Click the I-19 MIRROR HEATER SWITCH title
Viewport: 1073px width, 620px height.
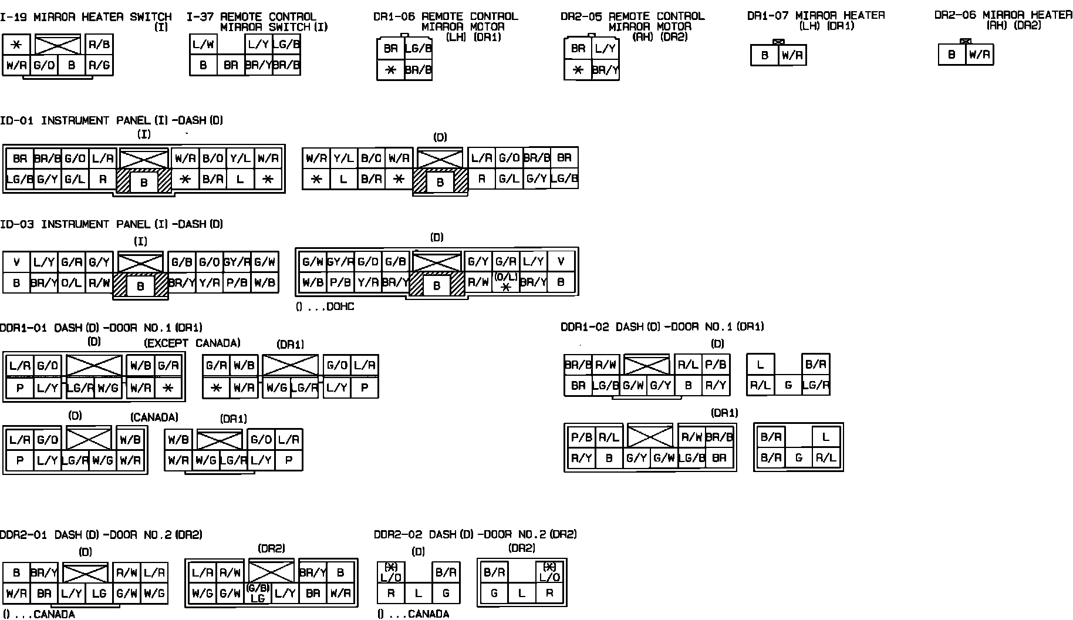86,17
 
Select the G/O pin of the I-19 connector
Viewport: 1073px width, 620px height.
44,65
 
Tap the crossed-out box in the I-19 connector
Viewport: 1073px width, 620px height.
58,44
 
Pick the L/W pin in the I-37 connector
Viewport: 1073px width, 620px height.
203,44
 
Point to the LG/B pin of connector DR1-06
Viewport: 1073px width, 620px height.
418,49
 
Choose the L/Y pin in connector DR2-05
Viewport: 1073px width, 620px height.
605,49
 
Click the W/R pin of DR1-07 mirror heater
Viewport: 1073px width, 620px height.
792,56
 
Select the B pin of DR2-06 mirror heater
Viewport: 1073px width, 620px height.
951,55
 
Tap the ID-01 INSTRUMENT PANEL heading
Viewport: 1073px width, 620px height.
112,120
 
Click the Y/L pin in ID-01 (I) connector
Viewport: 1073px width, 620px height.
240,158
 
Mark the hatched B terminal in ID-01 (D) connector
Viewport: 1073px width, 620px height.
440,183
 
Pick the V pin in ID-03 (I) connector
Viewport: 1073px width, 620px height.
16,262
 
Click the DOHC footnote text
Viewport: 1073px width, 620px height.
325,306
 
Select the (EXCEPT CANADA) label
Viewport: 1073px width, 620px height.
193,343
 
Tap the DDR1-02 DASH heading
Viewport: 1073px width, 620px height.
662,327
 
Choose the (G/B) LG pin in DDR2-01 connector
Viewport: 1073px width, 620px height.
257,593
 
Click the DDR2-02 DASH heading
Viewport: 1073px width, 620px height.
475,534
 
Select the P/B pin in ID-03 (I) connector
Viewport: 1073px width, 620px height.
237,282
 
